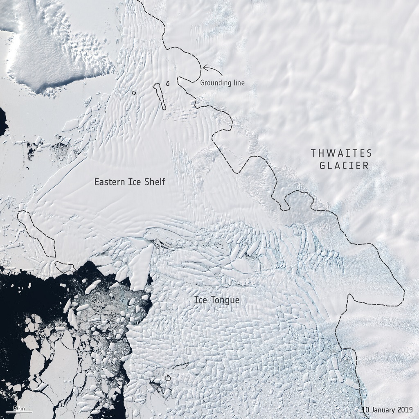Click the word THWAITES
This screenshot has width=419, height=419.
click(341, 153)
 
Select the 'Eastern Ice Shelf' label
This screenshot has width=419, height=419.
click(129, 182)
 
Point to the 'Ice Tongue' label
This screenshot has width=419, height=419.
click(216, 300)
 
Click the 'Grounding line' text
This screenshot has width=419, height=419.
click(222, 83)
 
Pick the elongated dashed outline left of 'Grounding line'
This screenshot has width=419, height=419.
click(160, 97)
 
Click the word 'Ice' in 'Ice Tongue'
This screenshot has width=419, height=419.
click(200, 300)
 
